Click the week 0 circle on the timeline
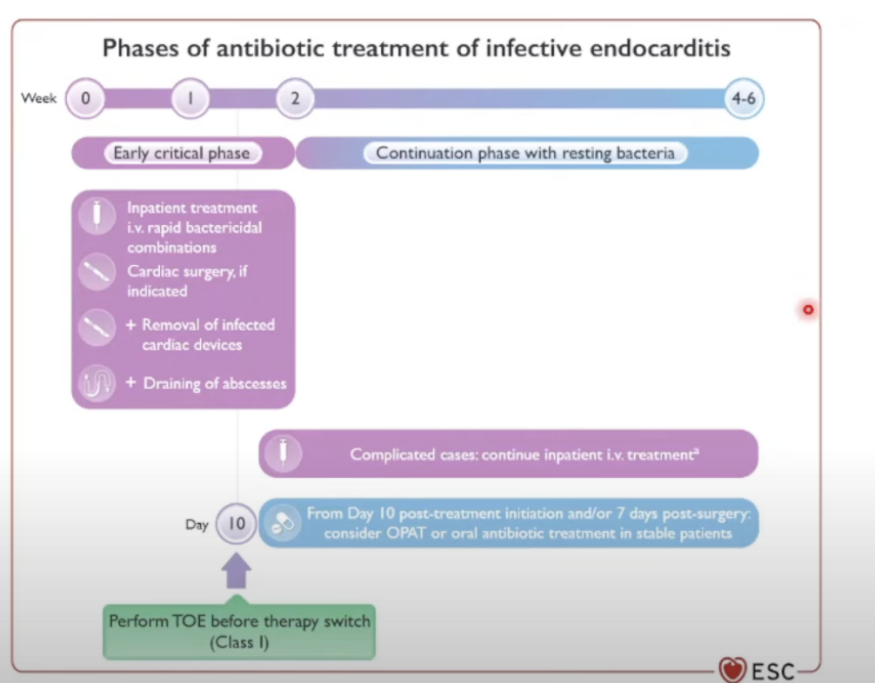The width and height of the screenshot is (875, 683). coord(85,98)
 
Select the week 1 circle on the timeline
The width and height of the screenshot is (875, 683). coord(190,98)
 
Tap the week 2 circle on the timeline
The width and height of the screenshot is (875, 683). coord(295,98)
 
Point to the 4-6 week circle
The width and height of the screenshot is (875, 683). coord(744,98)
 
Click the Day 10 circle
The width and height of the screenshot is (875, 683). coord(236,524)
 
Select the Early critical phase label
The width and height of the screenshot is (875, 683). coord(181,154)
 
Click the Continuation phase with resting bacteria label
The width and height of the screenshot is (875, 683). coord(524,154)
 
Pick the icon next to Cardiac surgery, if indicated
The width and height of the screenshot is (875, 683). coord(96,272)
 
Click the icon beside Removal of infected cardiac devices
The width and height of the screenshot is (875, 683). coord(96,328)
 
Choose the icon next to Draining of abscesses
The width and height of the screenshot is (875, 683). coord(96,383)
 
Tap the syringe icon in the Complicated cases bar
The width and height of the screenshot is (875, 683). coord(284,454)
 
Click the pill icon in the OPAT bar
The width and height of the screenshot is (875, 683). coord(284,524)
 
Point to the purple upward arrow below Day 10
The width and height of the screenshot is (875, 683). coord(236,573)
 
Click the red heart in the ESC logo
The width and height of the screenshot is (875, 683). coord(732,669)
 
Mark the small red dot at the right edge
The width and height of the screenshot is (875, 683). coord(808,309)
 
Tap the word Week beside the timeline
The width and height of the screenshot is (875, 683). coord(38,98)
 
